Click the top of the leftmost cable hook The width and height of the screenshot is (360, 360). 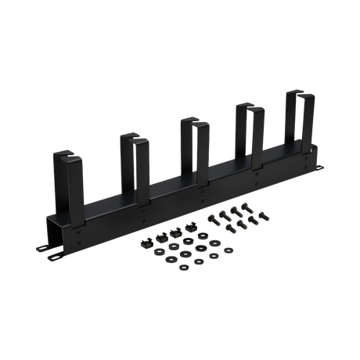tap(63, 152)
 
